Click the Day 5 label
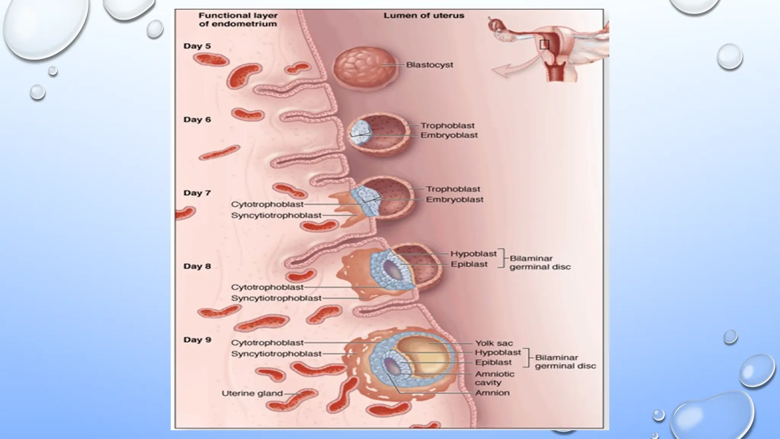197,46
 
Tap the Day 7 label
197,193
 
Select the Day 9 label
197,340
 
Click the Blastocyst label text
429,65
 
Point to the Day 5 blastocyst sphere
365,69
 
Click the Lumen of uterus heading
424,16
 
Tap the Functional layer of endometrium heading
238,20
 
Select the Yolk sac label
494,343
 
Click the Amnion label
492,393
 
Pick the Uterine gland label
252,393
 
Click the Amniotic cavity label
494,378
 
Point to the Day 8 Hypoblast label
473,254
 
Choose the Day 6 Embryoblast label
449,135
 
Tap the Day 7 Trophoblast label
453,189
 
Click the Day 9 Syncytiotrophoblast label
276,354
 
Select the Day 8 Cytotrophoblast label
267,287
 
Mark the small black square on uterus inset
544,45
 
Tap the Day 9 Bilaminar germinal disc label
565,362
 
